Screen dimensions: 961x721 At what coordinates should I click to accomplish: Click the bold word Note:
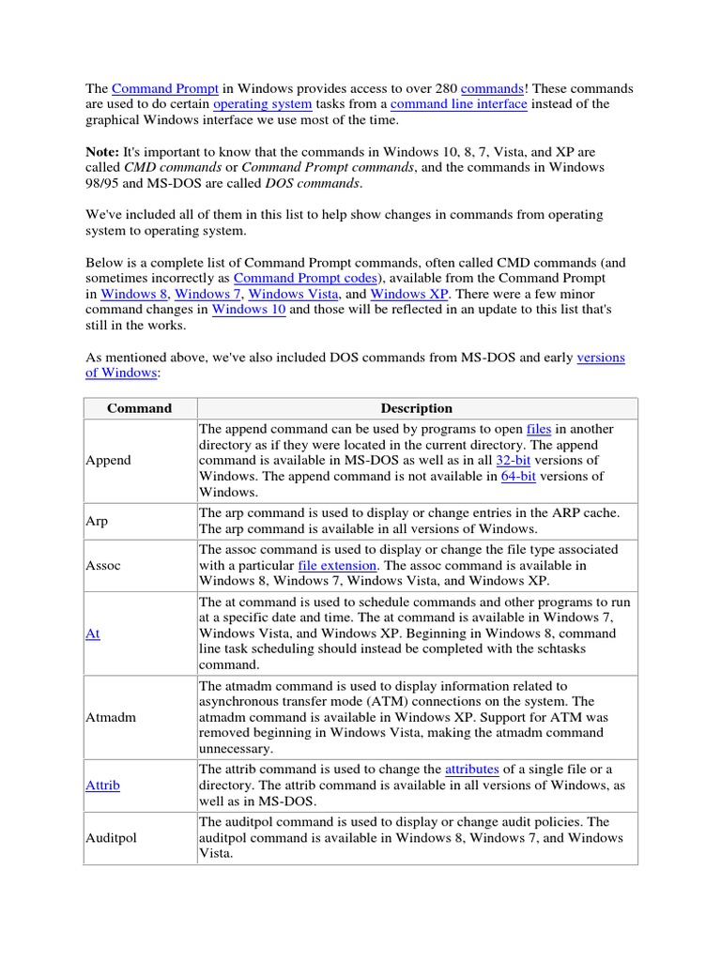102,152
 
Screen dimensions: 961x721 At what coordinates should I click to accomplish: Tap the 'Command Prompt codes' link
304,279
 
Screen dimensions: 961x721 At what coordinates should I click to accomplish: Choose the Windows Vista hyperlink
293,295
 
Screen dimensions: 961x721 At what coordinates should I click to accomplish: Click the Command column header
139,408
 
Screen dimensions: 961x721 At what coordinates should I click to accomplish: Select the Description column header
416,408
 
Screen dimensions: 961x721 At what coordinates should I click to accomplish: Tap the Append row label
108,461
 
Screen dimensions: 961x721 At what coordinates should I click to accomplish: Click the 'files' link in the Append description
538,430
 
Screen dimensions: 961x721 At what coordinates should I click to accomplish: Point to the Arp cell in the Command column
97,521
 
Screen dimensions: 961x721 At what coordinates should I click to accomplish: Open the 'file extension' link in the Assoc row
337,566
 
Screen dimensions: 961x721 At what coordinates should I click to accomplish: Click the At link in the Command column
92,633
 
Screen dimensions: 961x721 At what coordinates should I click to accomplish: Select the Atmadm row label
110,717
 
